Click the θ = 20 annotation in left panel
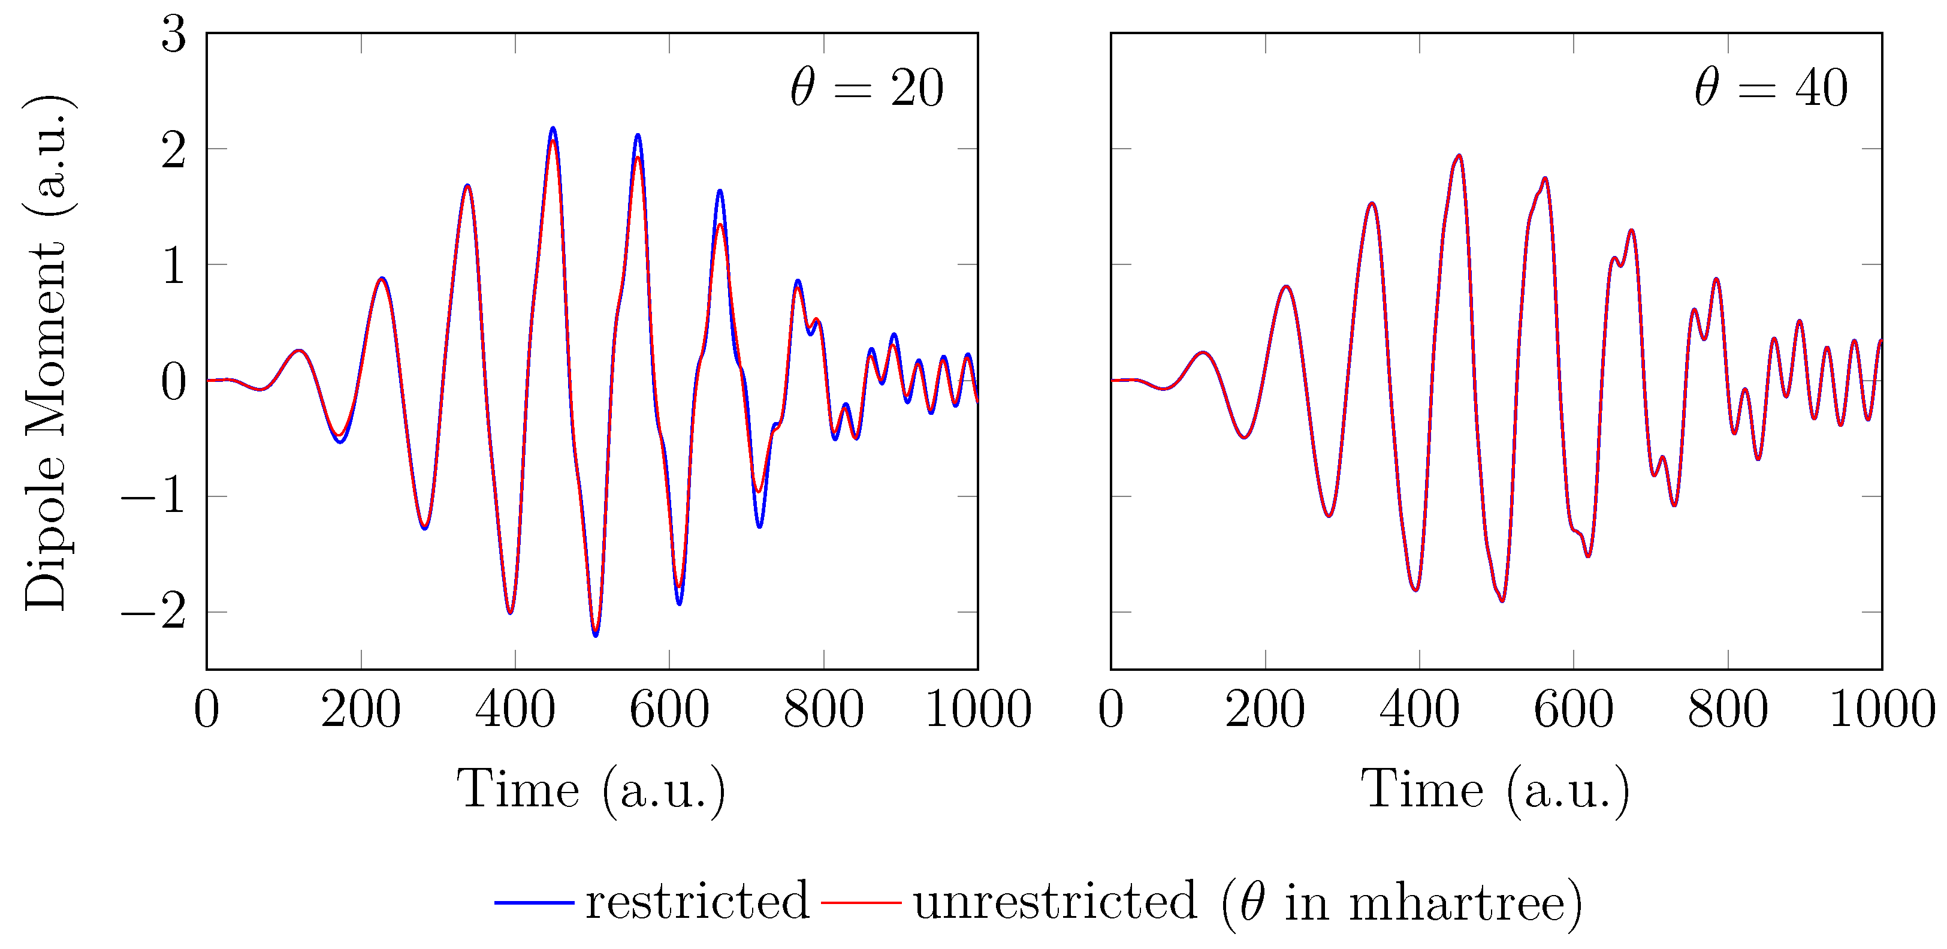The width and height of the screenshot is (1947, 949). pyautogui.click(x=867, y=89)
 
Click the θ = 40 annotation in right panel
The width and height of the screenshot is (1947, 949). pyautogui.click(x=1771, y=89)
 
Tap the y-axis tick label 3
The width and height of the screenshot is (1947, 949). pyautogui.click(x=174, y=35)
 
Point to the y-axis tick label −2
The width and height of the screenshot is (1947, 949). pyautogui.click(x=153, y=611)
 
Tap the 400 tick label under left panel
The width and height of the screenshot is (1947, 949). pyautogui.click(x=515, y=710)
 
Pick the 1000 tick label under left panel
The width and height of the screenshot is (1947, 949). pyautogui.click(x=977, y=710)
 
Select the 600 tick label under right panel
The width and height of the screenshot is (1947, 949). pyautogui.click(x=1573, y=710)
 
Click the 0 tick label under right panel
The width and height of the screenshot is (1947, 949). pyautogui.click(x=1111, y=710)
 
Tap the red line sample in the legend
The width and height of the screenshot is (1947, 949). pyautogui.click(x=861, y=902)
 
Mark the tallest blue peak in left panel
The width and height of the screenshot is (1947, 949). pyautogui.click(x=553, y=128)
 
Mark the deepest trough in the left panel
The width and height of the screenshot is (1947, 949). pyautogui.click(x=596, y=635)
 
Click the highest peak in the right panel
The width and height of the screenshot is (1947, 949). pyautogui.click(x=1459, y=156)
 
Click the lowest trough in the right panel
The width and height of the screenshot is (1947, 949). pyautogui.click(x=1502, y=601)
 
